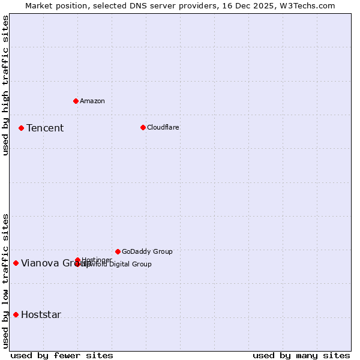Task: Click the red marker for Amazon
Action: [76, 101]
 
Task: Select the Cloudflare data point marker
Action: [143, 127]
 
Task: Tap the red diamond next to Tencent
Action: [21, 128]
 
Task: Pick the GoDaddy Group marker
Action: [118, 251]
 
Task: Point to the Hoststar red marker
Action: [16, 314]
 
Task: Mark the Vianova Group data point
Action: [16, 263]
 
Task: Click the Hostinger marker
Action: [77, 260]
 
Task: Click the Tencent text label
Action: [45, 128]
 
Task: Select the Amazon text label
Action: [92, 101]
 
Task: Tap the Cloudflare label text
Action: [163, 127]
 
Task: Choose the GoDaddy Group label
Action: [147, 251]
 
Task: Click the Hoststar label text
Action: [41, 315]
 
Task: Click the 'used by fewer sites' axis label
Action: [62, 355]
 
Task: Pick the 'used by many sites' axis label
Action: [301, 355]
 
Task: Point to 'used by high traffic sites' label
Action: [6, 85]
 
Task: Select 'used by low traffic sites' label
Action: [6, 280]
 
